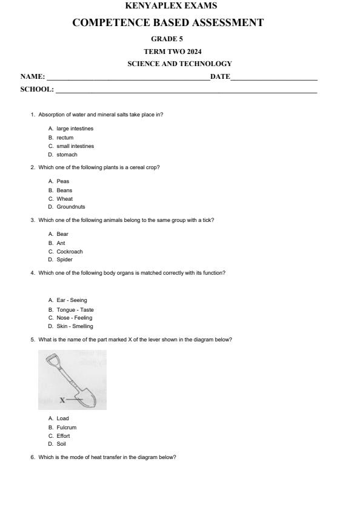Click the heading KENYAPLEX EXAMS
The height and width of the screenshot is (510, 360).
coord(171,6)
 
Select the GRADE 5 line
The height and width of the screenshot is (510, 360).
coord(171,39)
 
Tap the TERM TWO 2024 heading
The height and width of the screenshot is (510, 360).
coord(171,51)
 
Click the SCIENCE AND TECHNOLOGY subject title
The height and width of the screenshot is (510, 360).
coord(179,64)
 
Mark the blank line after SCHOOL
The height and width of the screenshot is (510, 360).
coord(185,91)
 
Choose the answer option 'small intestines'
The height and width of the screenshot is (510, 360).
coord(75,146)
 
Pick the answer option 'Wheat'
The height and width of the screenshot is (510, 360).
coord(64,199)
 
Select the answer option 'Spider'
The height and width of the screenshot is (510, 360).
coord(64,260)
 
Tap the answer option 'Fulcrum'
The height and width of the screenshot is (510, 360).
coord(67,427)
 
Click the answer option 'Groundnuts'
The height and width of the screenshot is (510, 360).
coord(70,207)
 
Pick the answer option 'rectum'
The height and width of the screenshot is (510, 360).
coord(65,138)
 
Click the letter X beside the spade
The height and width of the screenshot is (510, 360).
coord(62,400)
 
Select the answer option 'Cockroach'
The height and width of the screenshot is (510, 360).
coord(70,252)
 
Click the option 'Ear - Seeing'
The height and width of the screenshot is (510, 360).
coord(72,300)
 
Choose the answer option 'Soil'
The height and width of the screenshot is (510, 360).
coord(61,444)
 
